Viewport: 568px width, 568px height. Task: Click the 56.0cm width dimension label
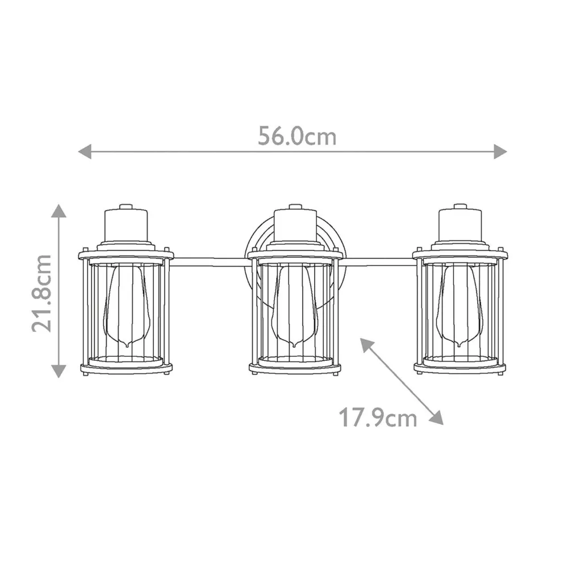click(x=297, y=136)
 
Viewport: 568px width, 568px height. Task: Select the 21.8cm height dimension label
click(x=43, y=293)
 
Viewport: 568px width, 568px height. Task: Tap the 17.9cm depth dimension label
click(x=378, y=419)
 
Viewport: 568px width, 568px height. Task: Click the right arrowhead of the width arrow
click(x=500, y=151)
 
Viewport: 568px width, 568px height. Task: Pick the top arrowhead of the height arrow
click(x=59, y=211)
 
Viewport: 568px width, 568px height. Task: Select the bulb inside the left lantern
click(x=126, y=307)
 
